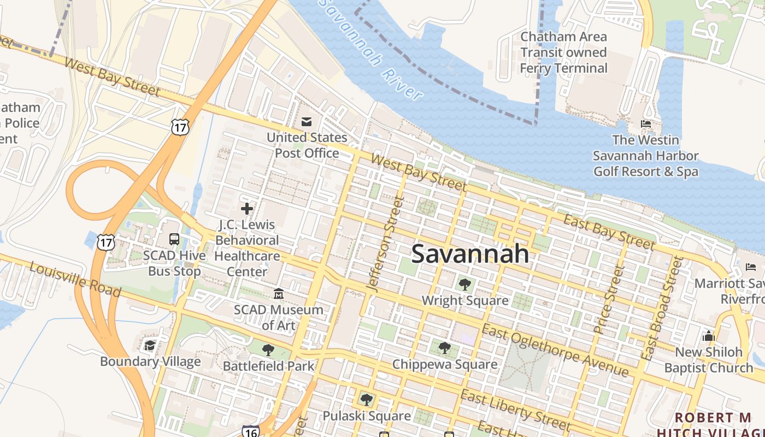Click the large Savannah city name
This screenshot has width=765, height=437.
[x=470, y=254]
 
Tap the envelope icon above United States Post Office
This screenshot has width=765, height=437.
[x=307, y=121]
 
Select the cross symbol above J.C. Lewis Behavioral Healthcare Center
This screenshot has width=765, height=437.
[x=247, y=208]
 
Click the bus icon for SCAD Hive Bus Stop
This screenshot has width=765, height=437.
[x=174, y=239]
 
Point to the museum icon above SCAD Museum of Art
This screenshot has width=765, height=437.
[x=279, y=294]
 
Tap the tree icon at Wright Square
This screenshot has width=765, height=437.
[x=464, y=284]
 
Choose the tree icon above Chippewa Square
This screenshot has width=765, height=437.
[x=445, y=348]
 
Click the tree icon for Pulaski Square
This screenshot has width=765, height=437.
[x=366, y=400]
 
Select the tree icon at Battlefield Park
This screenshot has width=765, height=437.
[x=268, y=350]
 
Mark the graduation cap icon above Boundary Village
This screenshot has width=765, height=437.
[x=150, y=345]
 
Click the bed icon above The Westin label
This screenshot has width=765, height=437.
[x=645, y=124]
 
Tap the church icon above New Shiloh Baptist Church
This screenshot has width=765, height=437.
[x=709, y=335]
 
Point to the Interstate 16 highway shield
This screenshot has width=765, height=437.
[x=250, y=431]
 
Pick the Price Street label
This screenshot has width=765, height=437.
[x=608, y=299]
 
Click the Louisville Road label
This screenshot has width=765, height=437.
[x=75, y=279]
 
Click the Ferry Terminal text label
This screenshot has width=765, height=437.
[x=563, y=52]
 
